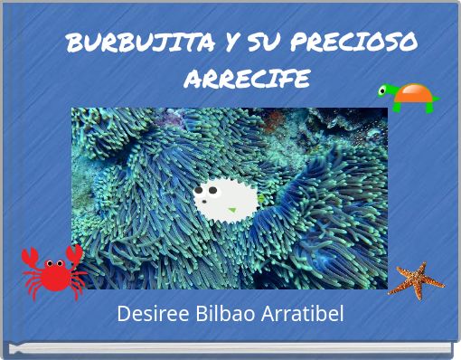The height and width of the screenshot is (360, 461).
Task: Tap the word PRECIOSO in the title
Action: tap(356, 42)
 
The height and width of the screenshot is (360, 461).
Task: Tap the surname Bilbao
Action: tap(221, 315)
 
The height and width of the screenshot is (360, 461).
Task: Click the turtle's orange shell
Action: tap(414, 94)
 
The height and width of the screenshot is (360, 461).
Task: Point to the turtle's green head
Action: tap(387, 91)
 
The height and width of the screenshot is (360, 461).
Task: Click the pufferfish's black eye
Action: tap(200, 191)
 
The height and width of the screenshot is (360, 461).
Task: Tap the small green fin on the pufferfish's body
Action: tap(231, 210)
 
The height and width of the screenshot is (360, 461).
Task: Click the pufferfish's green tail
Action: tap(260, 197)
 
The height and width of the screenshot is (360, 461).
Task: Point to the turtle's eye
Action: tap(383, 90)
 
